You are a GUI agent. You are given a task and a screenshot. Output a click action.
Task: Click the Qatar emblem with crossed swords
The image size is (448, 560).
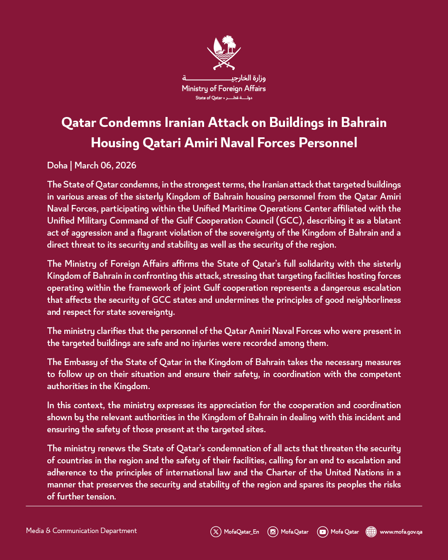pyautogui.click(x=224, y=53)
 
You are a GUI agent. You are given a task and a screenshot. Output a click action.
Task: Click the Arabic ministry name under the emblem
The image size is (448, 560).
pyautogui.click(x=224, y=78)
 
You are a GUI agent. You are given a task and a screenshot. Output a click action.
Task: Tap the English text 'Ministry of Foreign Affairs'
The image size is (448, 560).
pyautogui.click(x=224, y=88)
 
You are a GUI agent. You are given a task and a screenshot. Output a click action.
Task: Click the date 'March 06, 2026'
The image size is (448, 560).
pyautogui.click(x=105, y=166)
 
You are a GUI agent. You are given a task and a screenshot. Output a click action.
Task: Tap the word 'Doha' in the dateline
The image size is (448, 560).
pyautogui.click(x=57, y=166)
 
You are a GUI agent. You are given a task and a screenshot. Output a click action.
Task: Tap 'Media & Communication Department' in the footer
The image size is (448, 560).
pyautogui.click(x=81, y=531)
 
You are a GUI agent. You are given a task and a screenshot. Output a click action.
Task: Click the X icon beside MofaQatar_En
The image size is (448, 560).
pyautogui.click(x=216, y=532)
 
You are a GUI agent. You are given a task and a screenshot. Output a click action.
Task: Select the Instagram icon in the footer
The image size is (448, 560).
pyautogui.click(x=273, y=532)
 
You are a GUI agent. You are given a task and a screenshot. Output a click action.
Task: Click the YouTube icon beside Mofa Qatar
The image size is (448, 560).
pyautogui.click(x=322, y=532)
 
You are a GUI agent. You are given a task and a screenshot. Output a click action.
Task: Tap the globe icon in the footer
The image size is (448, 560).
pyautogui.click(x=371, y=532)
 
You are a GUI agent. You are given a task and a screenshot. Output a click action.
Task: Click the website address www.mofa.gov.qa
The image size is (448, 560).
pyautogui.click(x=401, y=532)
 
